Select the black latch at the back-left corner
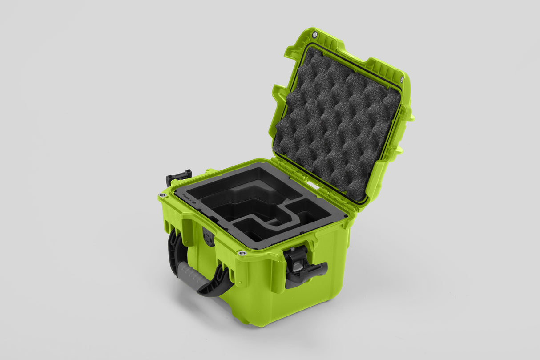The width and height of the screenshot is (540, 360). point(179,176)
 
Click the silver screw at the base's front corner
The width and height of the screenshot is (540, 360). point(242,253)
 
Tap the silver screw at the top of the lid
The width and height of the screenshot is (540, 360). point(314,35)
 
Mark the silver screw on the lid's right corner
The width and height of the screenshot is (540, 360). point(402,79)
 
